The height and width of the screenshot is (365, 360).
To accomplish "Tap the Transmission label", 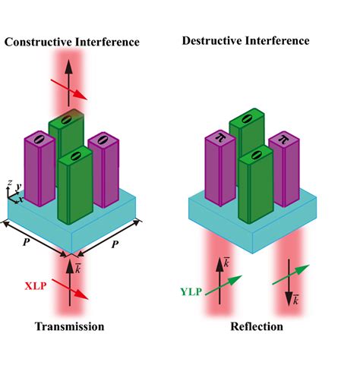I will click(68, 326).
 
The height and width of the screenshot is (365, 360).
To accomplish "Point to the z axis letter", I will click(8, 183).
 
